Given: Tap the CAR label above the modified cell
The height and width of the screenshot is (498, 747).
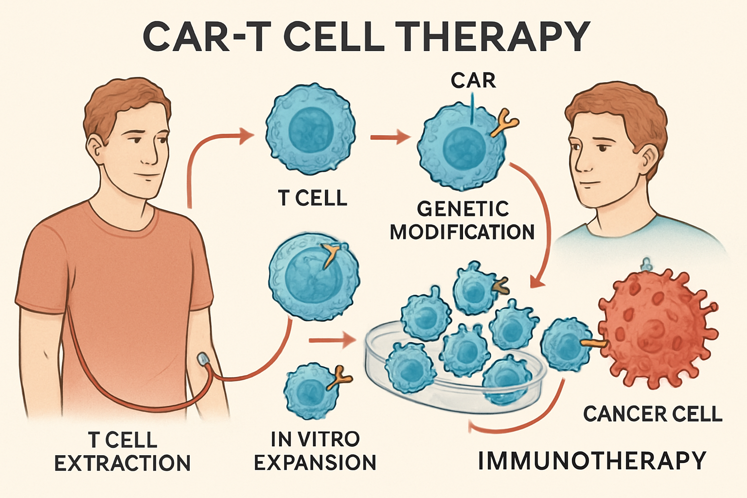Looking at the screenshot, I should click(473, 81).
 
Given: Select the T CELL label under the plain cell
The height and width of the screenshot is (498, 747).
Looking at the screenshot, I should click(312, 198).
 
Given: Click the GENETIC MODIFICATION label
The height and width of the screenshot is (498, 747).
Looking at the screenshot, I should click(462, 221).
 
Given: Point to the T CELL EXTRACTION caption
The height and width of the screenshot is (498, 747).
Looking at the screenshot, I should click(122, 451).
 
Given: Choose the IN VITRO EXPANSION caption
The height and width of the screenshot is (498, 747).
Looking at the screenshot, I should click(315, 451).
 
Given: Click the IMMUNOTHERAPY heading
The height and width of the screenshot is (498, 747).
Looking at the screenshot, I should click(592, 461).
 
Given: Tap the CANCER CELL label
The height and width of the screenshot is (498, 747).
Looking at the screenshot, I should click(653, 414).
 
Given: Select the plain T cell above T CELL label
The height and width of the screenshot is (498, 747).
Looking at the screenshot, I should click(310, 129).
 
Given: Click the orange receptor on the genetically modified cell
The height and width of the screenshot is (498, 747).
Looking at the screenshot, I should click(504, 122).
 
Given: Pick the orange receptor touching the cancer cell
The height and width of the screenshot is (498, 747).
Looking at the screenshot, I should click(594, 343).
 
